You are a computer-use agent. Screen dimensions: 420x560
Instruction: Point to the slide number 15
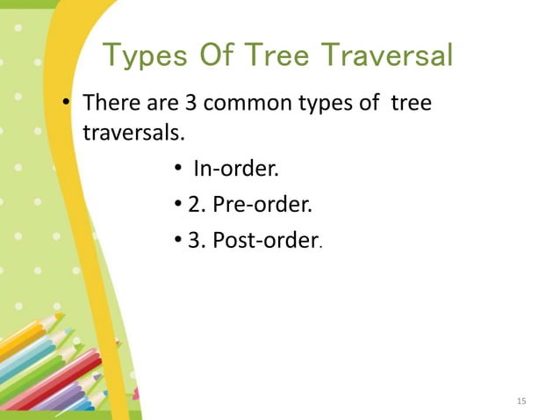point(521,402)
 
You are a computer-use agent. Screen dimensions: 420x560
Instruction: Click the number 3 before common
point(190,104)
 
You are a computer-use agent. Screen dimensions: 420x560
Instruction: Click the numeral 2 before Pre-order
point(194,205)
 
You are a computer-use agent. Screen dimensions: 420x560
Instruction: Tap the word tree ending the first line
point(410,104)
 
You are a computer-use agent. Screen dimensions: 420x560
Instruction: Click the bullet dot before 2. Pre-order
point(178,206)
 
